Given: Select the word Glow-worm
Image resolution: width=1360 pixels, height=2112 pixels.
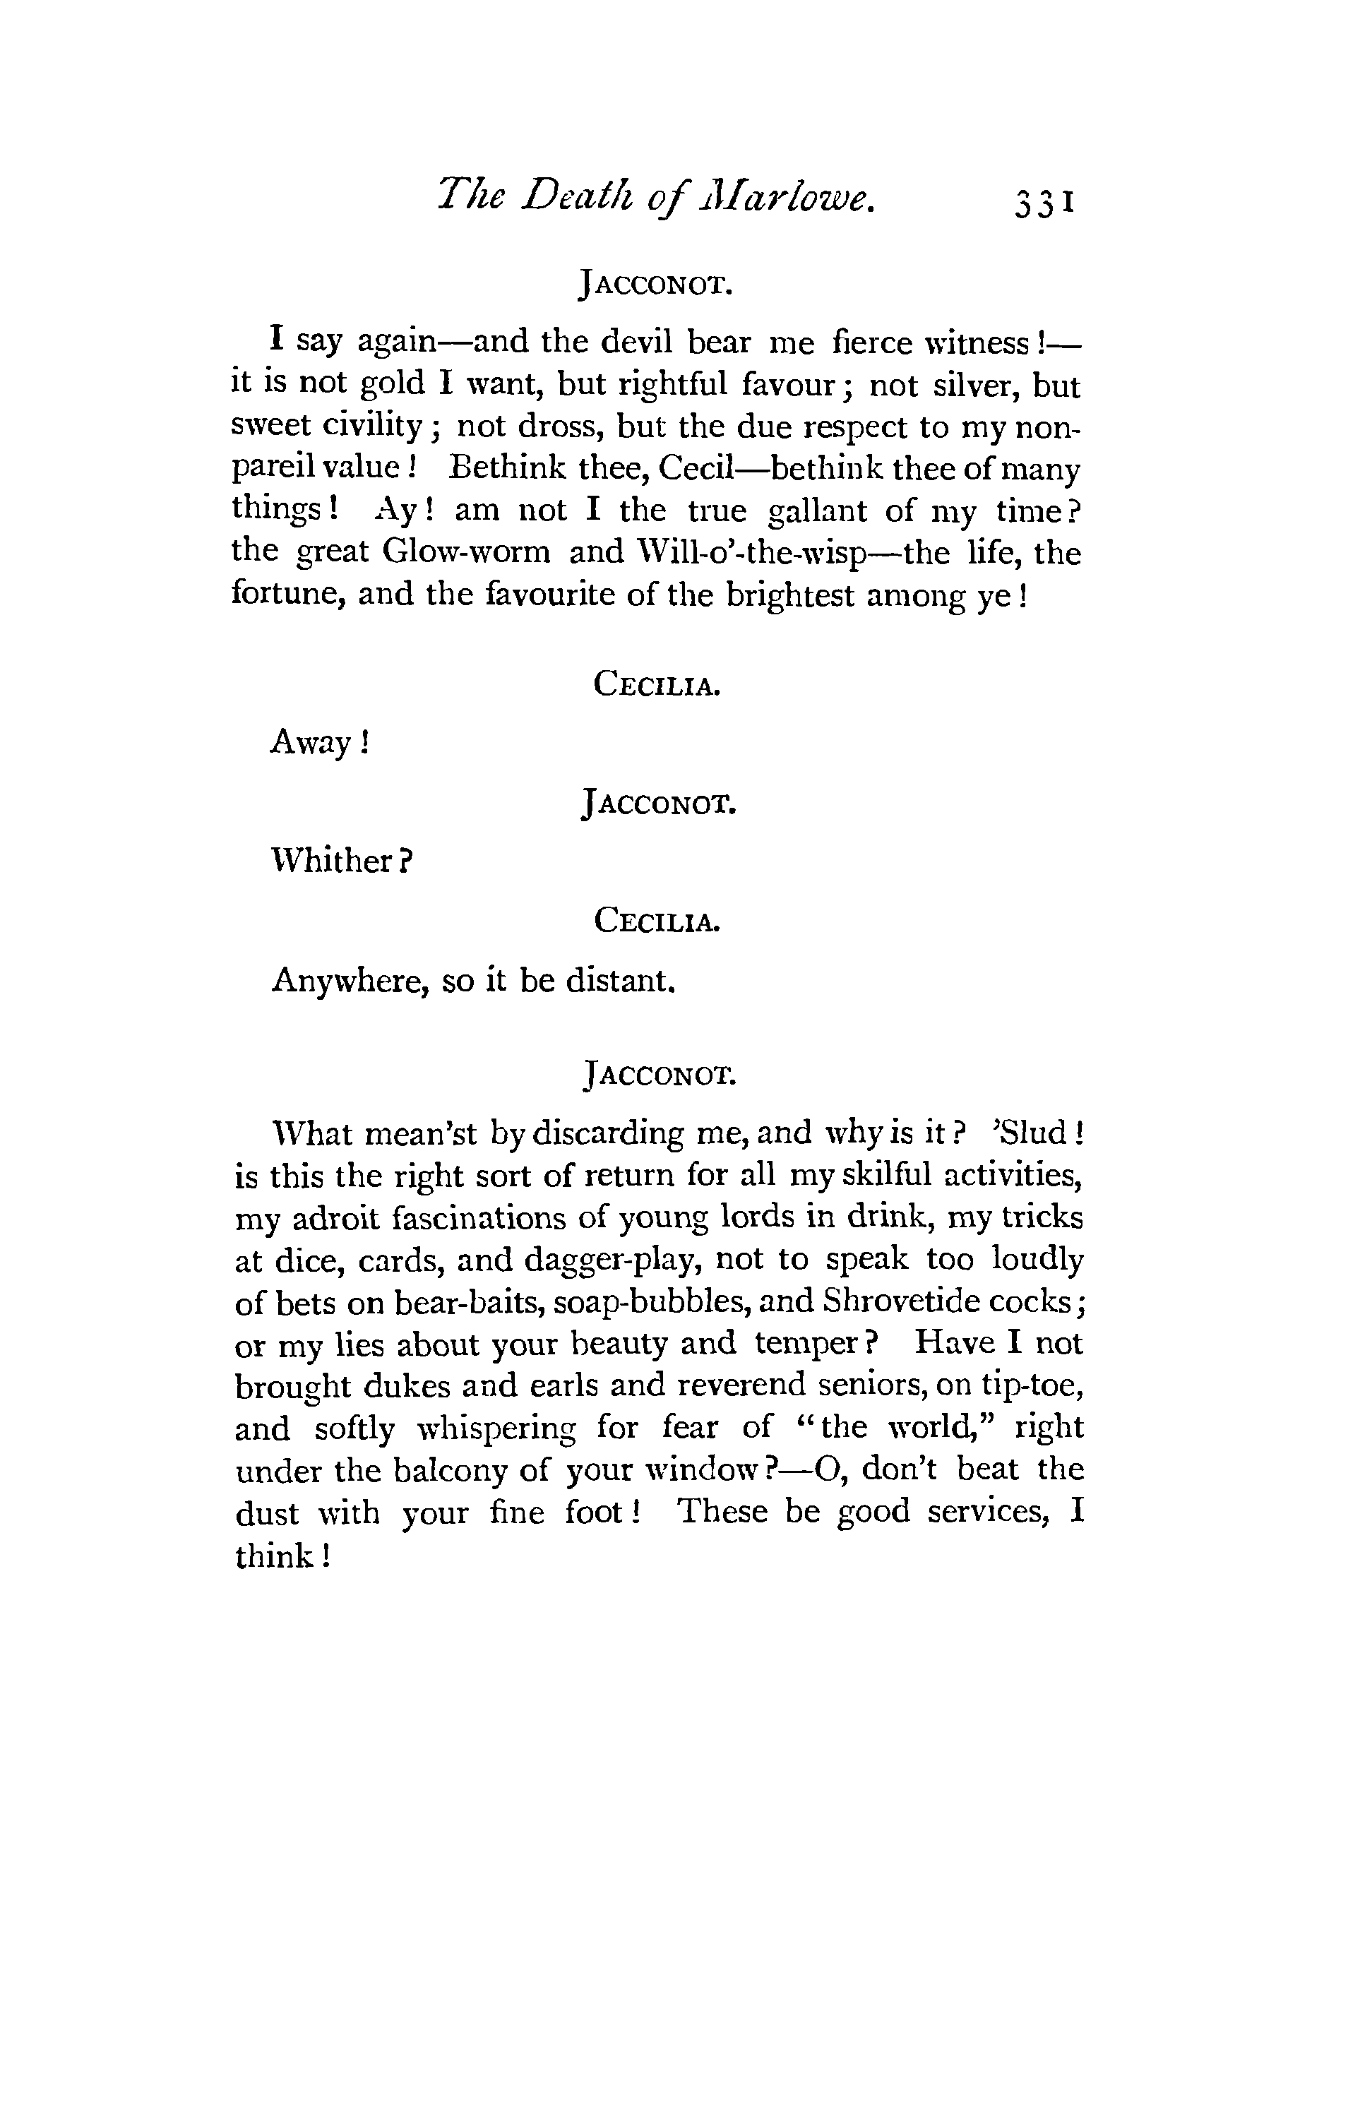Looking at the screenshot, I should click(x=466, y=553).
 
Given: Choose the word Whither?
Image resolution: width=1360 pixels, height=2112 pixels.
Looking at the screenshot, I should click(x=342, y=860).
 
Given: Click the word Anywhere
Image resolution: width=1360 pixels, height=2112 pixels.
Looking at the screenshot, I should click(x=350, y=980).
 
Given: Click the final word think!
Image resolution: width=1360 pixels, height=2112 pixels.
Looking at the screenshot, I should click(x=282, y=1556).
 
